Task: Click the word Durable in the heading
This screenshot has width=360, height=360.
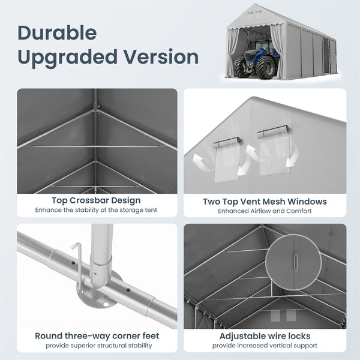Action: [57, 33]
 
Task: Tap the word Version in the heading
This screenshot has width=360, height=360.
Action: [161, 57]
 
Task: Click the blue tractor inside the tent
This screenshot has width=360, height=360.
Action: [257, 59]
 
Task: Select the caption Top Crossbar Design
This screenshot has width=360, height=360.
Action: [96, 200]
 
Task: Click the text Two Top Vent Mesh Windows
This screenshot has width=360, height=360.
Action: [265, 202]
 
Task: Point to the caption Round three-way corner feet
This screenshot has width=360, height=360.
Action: [97, 336]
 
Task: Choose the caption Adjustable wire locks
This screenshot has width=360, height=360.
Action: [265, 336]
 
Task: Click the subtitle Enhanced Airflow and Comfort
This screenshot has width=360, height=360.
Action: [265, 211]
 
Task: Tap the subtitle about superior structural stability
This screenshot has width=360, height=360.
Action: [99, 346]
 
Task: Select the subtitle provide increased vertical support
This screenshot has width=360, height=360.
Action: [265, 346]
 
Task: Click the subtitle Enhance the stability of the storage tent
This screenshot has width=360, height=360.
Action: [96, 210]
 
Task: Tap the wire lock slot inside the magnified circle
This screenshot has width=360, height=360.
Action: [296, 262]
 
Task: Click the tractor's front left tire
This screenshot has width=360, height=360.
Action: [240, 68]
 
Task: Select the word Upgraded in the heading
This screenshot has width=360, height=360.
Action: [68, 58]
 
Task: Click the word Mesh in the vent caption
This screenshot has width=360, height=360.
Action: [274, 202]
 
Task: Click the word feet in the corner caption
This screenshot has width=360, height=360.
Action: [151, 336]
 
